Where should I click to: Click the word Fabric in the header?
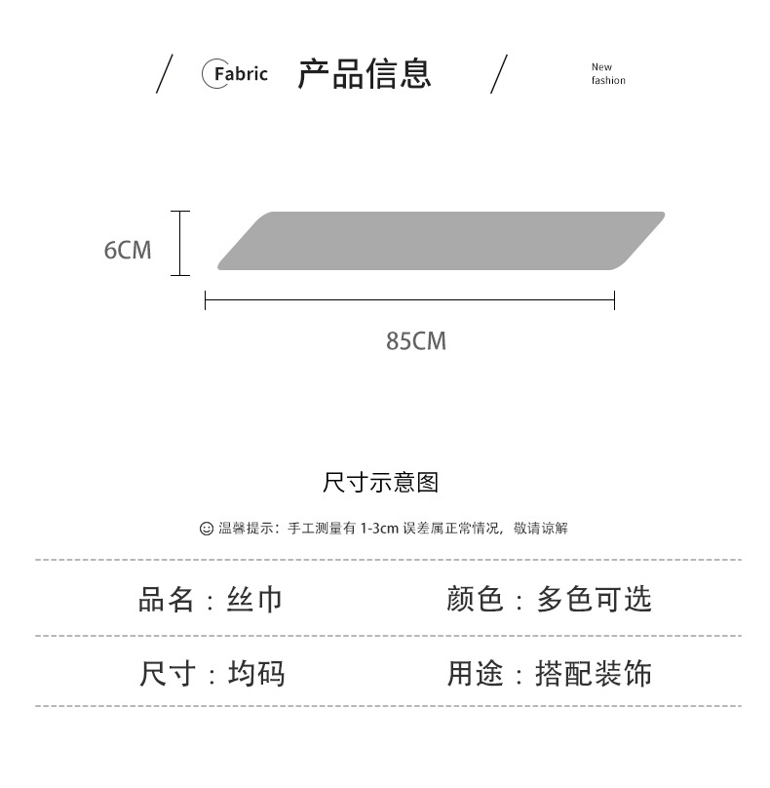[x=241, y=74]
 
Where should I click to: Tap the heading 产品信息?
[x=364, y=74]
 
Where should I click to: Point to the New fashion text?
[x=607, y=74]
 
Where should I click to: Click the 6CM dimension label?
[x=128, y=251]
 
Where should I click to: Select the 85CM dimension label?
[x=416, y=341]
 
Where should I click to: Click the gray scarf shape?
[x=441, y=240]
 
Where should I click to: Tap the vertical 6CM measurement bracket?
[x=179, y=243]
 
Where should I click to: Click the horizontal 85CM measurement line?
[x=409, y=300]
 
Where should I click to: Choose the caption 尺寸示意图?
[x=381, y=482]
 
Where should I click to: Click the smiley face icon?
[x=206, y=529]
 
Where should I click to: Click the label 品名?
[x=167, y=598]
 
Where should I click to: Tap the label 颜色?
[x=476, y=598]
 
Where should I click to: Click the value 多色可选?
[x=594, y=598]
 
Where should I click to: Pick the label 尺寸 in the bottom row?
[x=168, y=673]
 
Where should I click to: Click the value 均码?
[x=256, y=673]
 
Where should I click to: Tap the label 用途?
[x=476, y=673]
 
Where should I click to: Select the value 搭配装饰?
[x=594, y=673]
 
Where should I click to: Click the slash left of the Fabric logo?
[x=165, y=74]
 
